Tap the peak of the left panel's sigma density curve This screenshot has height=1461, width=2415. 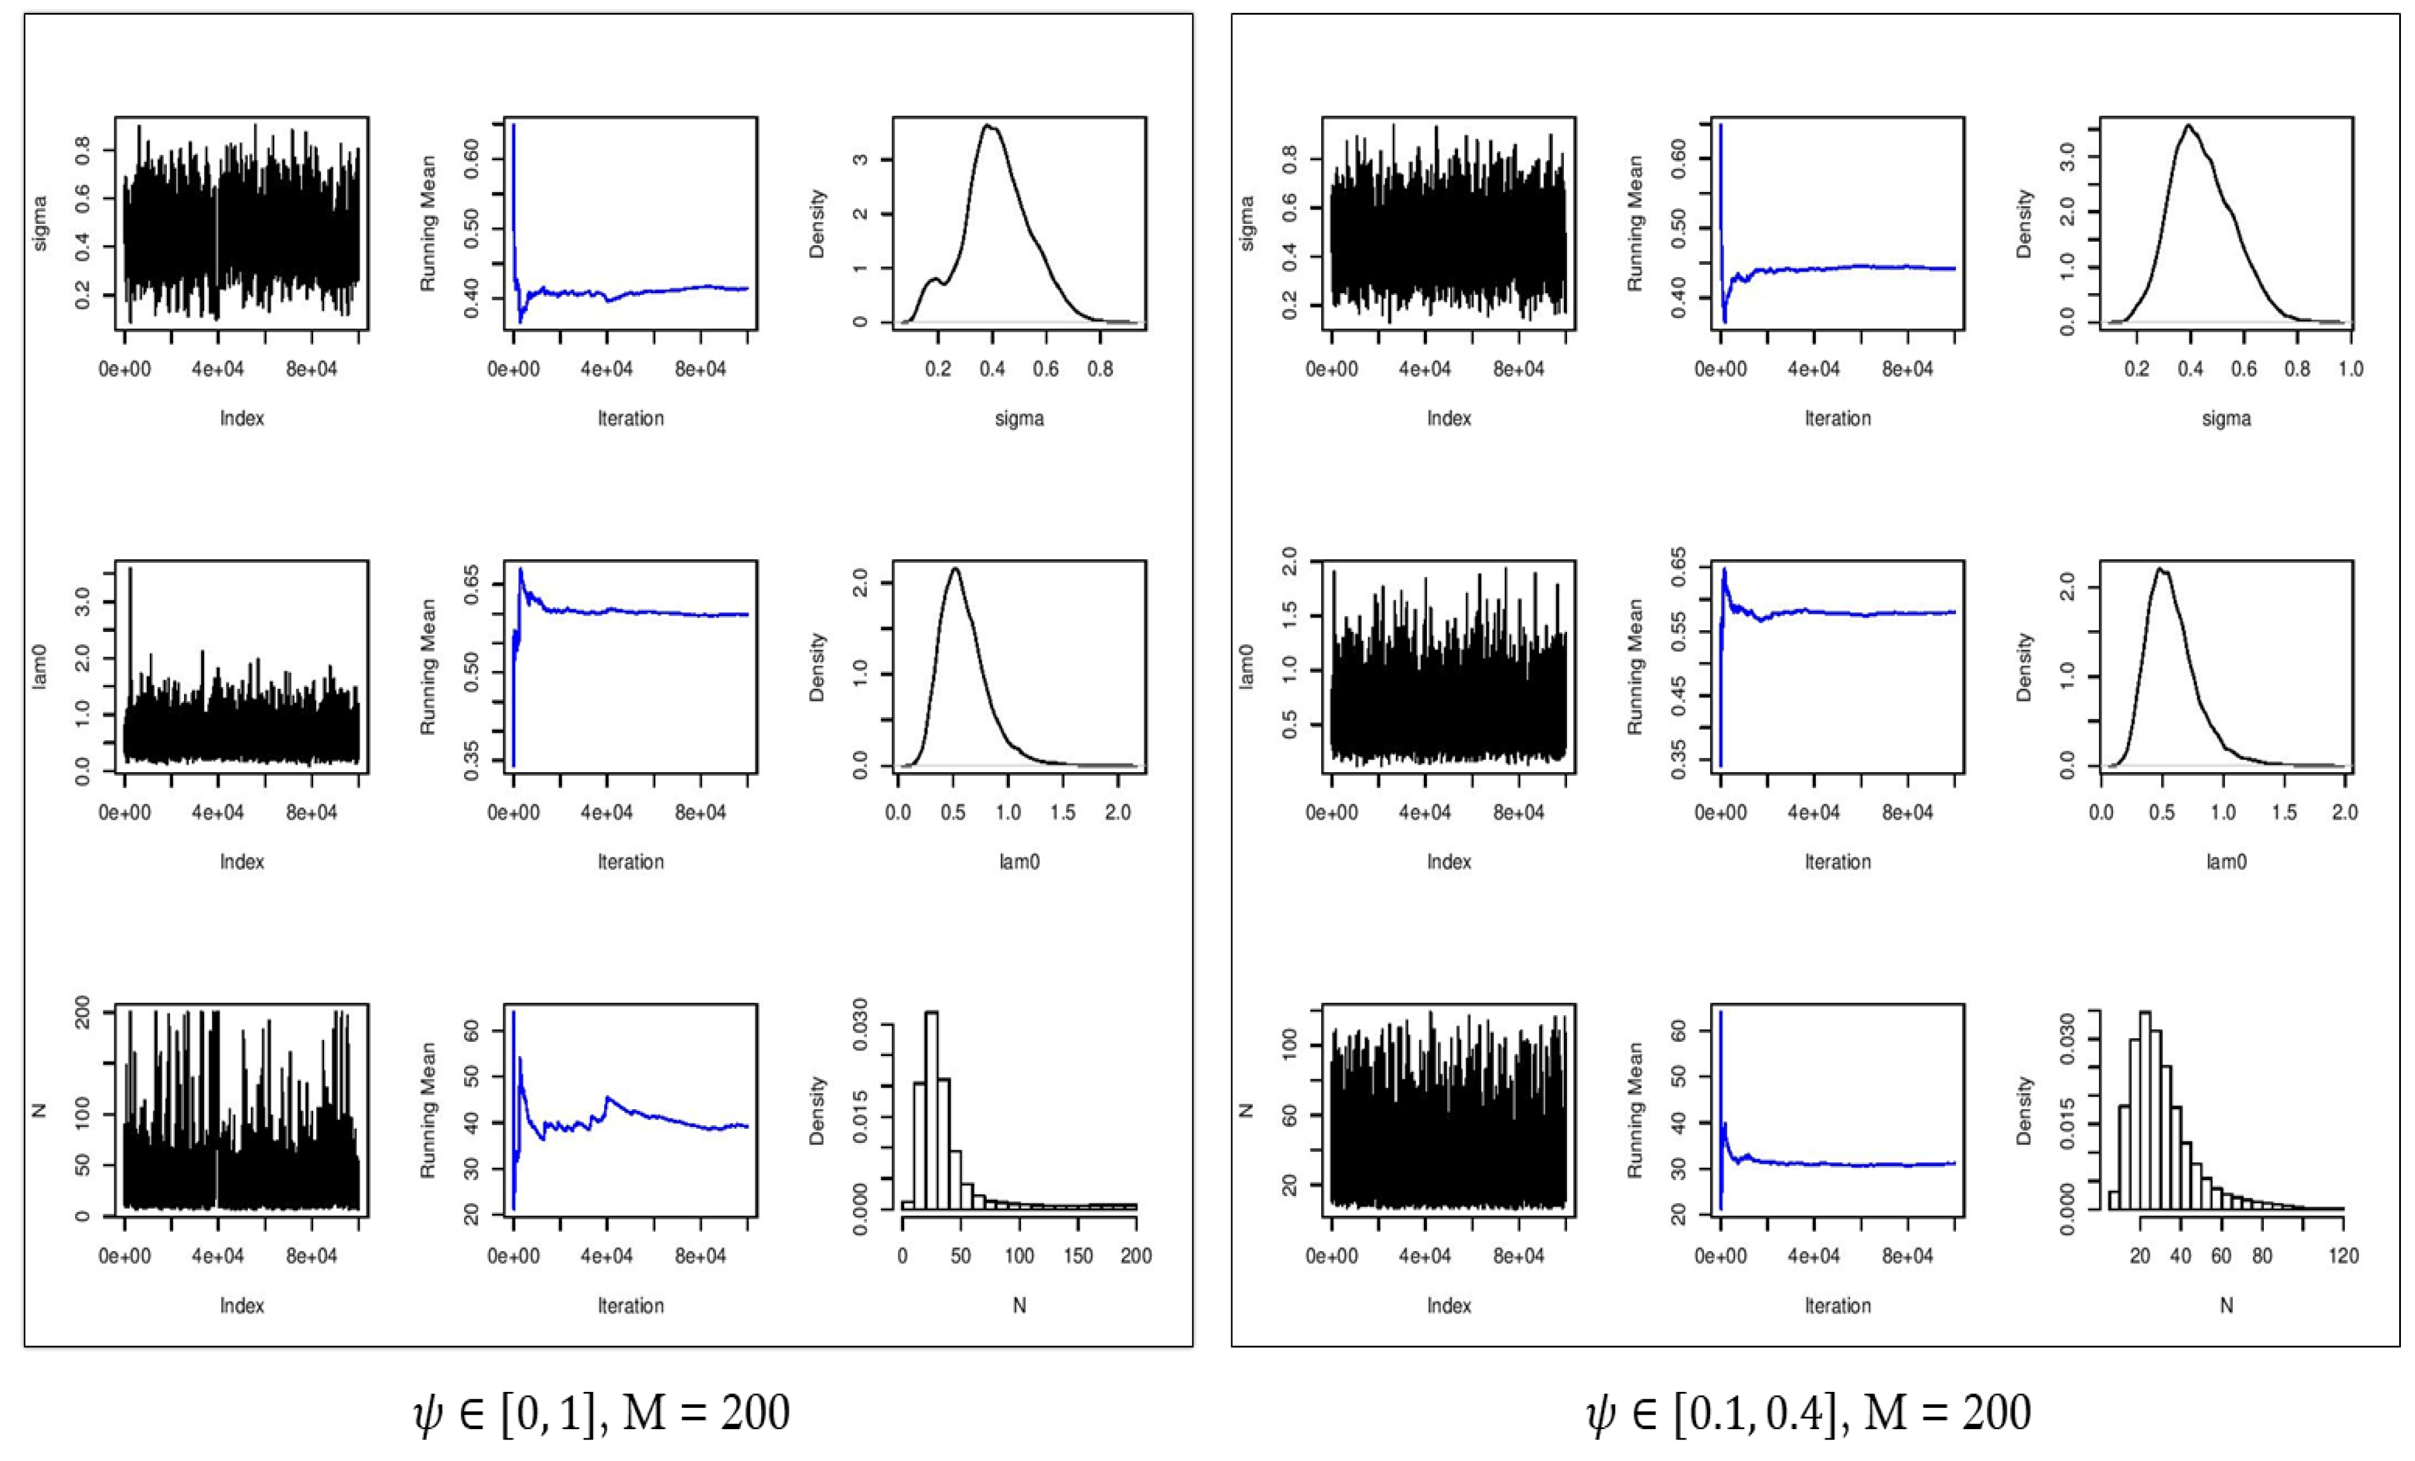click(988, 125)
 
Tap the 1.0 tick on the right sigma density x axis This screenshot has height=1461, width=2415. click(2350, 370)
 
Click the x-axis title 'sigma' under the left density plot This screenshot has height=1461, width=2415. click(1019, 418)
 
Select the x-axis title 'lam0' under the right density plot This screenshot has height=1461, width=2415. click(2226, 862)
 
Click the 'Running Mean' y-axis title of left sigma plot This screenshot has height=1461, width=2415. click(429, 223)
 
